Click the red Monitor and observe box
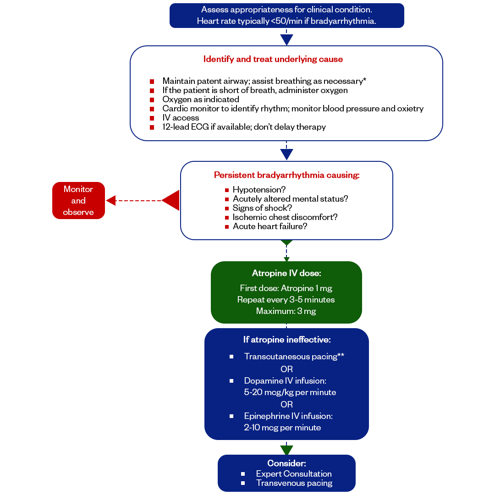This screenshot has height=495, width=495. [x=79, y=200]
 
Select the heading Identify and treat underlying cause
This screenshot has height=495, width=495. [x=273, y=59]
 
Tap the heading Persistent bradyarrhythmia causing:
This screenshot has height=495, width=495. [x=286, y=175]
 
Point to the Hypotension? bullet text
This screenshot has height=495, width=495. [x=259, y=189]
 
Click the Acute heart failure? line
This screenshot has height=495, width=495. [x=270, y=226]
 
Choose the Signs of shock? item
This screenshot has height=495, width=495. [x=262, y=208]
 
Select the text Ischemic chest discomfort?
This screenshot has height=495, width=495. [x=285, y=217]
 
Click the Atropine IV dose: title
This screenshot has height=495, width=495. [x=286, y=273]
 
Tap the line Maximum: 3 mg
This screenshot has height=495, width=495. [x=286, y=311]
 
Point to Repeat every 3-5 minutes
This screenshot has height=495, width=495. [x=286, y=300]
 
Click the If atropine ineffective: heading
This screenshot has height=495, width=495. [x=287, y=340]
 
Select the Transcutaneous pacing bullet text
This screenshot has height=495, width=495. [x=294, y=357]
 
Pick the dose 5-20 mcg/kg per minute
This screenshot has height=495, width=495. [x=290, y=392]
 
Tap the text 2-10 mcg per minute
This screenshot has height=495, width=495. [x=282, y=428]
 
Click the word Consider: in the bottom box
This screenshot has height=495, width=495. [x=286, y=463]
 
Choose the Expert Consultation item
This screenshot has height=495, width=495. [x=294, y=474]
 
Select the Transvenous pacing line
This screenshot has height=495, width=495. [x=294, y=483]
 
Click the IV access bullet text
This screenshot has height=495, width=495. [x=181, y=118]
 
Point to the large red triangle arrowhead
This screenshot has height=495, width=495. [x=171, y=200]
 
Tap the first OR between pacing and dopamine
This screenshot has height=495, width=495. [x=286, y=369]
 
